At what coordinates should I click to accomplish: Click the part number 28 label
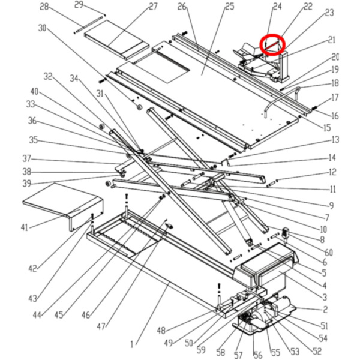[x=44, y=7]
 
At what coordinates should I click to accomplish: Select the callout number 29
[x=79, y=5]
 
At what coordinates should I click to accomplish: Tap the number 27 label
[x=153, y=7]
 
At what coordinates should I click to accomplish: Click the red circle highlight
[x=273, y=44]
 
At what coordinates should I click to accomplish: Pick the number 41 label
[x=24, y=227]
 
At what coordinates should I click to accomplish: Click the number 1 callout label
[x=132, y=345]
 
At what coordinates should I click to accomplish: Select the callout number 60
[x=329, y=253]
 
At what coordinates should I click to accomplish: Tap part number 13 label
[x=335, y=140]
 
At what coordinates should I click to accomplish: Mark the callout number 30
[x=42, y=28]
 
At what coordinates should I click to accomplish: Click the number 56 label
[x=258, y=355]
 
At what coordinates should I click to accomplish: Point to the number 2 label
[x=325, y=310]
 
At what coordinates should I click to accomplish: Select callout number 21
[x=331, y=40]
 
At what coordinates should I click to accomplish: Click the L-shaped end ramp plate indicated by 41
[x=60, y=201]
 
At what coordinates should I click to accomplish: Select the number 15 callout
[x=326, y=127]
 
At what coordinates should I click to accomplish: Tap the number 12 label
[x=332, y=173]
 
